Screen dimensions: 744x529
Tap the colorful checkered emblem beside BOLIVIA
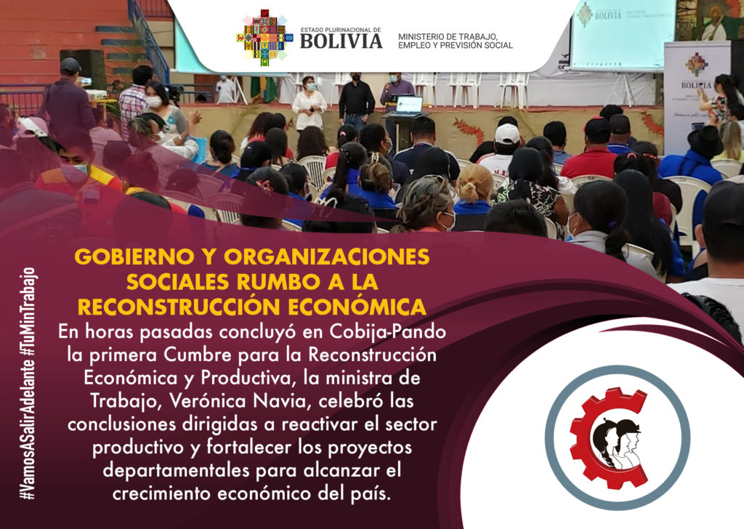[x=264, y=38]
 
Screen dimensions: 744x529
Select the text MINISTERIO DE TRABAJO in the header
[x=448, y=36]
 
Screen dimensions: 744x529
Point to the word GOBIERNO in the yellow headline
[x=134, y=257]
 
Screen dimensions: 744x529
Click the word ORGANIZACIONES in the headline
[x=327, y=257]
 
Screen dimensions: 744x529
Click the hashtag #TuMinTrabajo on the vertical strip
[x=29, y=312]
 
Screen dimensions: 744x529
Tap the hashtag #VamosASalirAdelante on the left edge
[x=29, y=430]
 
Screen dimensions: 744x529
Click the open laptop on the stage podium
[x=409, y=105]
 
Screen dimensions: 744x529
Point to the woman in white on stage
[x=309, y=103]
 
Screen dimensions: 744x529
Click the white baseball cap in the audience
[x=506, y=134]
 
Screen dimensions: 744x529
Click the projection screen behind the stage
[x=623, y=35]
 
